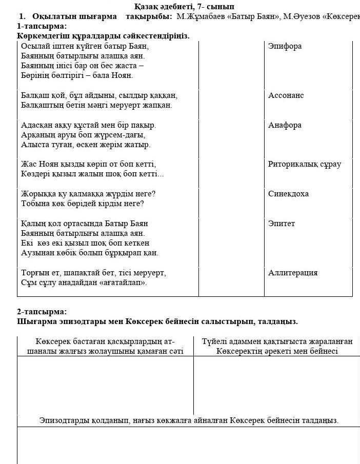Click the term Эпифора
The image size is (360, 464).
pos(285,46)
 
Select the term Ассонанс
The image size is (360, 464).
pos(286,95)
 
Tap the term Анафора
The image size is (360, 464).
pos(285,125)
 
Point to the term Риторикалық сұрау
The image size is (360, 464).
pos(304,164)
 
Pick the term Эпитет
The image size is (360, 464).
pos(282,224)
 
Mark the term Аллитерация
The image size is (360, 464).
pos(293,273)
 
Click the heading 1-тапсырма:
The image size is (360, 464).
pos(42,26)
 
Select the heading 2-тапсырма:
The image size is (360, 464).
pos(42,312)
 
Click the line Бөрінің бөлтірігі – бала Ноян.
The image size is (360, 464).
pos(77,75)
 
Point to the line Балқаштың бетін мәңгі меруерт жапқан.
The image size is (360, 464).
pos(96,105)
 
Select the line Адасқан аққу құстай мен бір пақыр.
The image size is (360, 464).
pos(89,125)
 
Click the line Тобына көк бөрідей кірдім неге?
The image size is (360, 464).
pos(82,204)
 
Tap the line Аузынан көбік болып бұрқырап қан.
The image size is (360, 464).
pos(90,253)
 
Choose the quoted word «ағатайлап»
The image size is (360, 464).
pos(124,283)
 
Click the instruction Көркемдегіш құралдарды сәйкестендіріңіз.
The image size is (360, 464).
pos(103,36)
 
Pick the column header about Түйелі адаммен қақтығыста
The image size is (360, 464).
pos(277,346)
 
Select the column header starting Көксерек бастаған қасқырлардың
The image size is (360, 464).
pos(105,346)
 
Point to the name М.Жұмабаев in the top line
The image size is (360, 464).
pos(197,16)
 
